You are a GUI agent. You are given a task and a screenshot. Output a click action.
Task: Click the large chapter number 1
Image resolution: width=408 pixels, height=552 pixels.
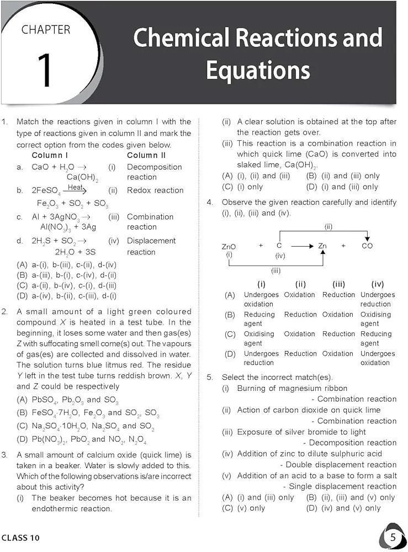click(x=46, y=70)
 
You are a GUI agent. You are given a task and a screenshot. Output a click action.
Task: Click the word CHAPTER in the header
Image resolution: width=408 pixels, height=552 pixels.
click(x=46, y=29)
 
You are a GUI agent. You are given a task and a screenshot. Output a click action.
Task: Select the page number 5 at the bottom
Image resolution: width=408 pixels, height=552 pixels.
click(x=392, y=537)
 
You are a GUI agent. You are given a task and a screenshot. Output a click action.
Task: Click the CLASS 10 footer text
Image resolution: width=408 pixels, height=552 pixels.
click(x=20, y=538)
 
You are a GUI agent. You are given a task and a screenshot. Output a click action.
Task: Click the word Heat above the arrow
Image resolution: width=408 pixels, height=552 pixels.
click(x=76, y=188)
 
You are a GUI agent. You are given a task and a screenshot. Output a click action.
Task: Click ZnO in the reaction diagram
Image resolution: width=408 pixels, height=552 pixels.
click(x=229, y=246)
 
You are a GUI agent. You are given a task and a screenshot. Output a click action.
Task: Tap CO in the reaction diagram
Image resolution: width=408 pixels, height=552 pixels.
click(x=367, y=246)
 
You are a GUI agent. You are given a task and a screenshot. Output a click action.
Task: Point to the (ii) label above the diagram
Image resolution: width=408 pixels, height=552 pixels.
click(x=328, y=226)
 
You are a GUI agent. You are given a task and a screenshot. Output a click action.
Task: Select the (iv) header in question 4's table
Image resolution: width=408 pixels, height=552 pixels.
click(x=378, y=284)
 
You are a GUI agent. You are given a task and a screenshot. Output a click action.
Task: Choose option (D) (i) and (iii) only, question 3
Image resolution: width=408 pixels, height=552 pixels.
click(x=342, y=187)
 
